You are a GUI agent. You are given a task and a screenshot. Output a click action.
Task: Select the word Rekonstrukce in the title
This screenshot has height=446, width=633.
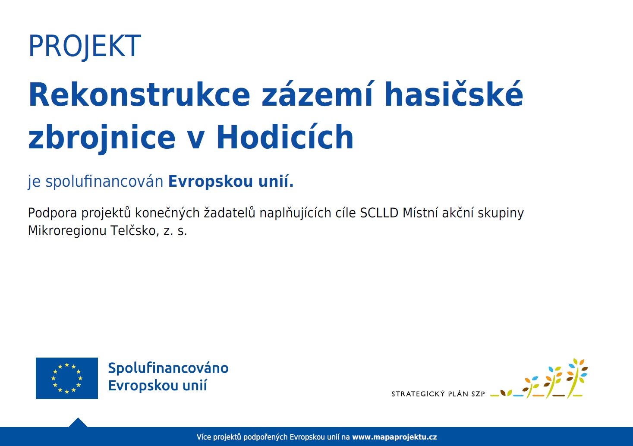(139, 94)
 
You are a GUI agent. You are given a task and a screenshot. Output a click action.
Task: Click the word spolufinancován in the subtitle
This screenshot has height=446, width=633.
(104, 181)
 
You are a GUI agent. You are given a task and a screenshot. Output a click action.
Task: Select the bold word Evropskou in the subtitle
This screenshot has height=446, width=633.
(211, 182)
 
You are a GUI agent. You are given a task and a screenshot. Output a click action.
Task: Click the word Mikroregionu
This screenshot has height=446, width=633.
(67, 231)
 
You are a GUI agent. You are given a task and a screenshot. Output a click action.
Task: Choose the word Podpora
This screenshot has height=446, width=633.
(53, 213)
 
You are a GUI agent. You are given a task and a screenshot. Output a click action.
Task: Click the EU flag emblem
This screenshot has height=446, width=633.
(67, 378)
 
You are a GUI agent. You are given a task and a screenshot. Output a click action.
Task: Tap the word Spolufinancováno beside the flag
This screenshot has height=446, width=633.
(168, 368)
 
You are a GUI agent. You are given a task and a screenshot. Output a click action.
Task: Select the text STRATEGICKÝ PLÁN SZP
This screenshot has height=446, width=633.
(438, 394)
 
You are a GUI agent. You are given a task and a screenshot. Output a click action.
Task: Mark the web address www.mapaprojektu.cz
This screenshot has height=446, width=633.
(394, 437)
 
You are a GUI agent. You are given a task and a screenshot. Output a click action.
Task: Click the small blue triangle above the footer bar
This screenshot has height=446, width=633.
(78, 422)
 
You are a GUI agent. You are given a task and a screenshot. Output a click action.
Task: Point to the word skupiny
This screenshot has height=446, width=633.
(501, 213)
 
